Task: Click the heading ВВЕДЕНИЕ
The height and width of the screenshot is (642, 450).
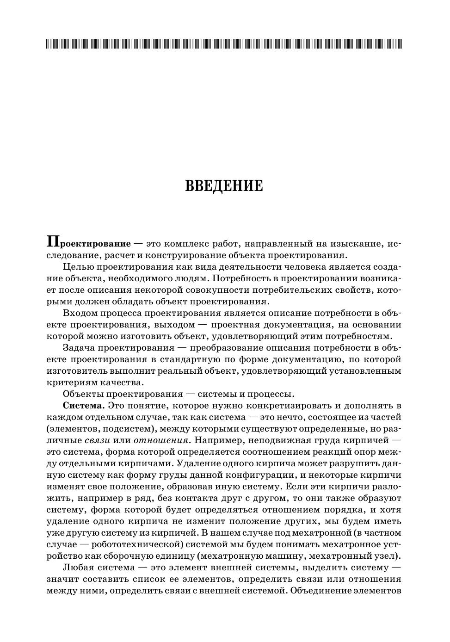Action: pos(224,186)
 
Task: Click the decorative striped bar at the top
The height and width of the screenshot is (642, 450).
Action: pos(224,44)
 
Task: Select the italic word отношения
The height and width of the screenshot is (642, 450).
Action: pos(161,440)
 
